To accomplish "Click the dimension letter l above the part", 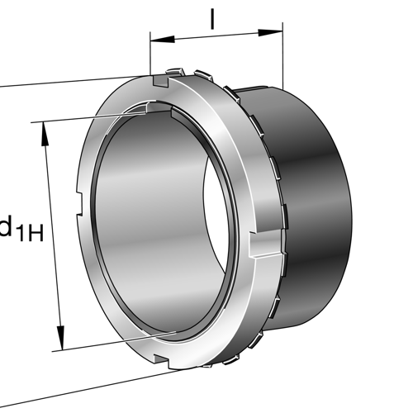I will (212, 18).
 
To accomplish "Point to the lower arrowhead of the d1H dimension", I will (60, 340).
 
